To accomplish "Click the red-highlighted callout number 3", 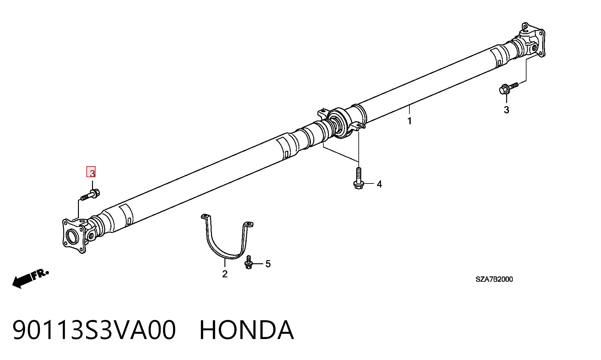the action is click(91, 172).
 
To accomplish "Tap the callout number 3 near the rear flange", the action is click(506, 110).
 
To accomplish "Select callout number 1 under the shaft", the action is click(409, 121).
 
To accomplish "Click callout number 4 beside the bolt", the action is click(379, 184).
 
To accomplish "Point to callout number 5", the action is click(268, 264).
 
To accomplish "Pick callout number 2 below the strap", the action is click(225, 274).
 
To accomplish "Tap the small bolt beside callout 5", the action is click(249, 262).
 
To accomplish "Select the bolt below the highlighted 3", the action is click(90, 195).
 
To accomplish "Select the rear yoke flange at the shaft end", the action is click(532, 41).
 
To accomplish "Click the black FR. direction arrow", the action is click(22, 281).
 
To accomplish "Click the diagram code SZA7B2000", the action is click(494, 279).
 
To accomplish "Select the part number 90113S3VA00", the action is click(94, 330).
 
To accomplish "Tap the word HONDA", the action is click(247, 330).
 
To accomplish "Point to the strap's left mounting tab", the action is click(205, 217).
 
